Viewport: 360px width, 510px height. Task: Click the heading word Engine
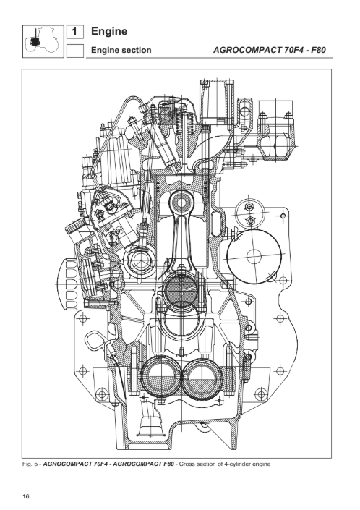(109, 32)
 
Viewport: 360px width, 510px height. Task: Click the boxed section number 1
(74, 32)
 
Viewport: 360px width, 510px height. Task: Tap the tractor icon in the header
(43, 41)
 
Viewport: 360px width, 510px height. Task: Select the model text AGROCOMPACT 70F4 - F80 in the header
(270, 50)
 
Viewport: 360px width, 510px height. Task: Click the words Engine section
(121, 50)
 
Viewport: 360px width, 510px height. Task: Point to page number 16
(26, 496)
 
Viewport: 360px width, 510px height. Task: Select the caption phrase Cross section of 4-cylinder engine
(225, 464)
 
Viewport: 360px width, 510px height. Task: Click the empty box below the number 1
(74, 51)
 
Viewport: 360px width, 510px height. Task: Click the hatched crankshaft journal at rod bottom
(181, 289)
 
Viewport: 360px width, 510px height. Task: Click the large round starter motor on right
(254, 257)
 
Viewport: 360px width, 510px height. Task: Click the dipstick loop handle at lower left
(96, 341)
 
